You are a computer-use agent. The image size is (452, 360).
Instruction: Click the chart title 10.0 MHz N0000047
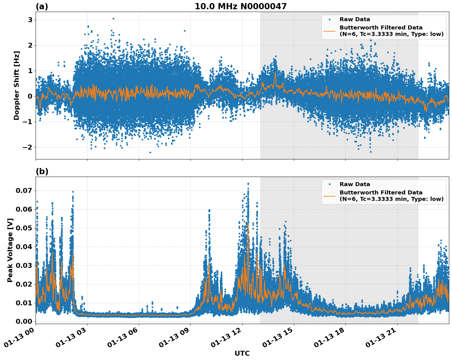[240, 6]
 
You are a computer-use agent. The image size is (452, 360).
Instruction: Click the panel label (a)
[42, 6]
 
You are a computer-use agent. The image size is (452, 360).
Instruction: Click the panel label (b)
[42, 171]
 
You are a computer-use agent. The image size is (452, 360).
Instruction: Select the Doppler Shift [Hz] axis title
[17, 85]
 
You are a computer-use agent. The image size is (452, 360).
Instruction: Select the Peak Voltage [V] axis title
[10, 250]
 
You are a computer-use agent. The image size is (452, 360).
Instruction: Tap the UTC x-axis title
[242, 353]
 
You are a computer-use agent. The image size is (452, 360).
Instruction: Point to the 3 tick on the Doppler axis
[30, 20]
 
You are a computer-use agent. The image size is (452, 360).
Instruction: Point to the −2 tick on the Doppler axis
[28, 147]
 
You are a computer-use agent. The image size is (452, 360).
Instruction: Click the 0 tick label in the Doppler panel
[30, 96]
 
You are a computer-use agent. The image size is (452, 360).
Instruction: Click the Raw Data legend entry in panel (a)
[355, 20]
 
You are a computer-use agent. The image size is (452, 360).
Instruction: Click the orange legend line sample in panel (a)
[329, 31]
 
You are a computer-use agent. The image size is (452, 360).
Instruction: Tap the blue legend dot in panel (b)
[329, 184]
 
